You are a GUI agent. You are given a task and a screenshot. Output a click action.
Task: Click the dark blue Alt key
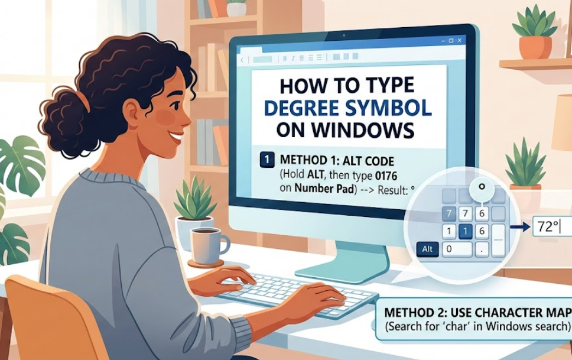tap(428, 249)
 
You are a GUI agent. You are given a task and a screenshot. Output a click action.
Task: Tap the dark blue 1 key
tap(465, 231)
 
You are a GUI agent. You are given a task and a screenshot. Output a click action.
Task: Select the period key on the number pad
tap(482, 249)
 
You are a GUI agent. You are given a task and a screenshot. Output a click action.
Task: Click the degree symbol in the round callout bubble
tap(482, 187)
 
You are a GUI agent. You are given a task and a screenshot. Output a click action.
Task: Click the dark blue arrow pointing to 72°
tap(519, 228)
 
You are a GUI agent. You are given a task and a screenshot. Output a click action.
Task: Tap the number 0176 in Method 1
tap(386, 176)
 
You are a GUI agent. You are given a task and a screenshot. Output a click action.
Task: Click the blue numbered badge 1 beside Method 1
tap(266, 160)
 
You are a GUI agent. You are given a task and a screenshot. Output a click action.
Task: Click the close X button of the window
tap(459, 40)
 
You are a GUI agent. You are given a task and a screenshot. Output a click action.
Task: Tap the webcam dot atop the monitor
tap(343, 35)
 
